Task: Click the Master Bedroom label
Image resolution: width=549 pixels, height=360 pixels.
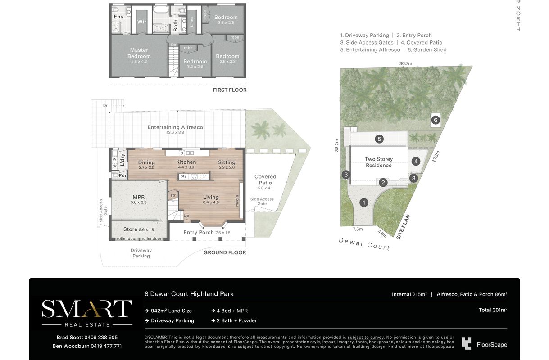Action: [139, 53]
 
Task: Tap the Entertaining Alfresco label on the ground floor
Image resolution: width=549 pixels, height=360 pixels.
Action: [175, 127]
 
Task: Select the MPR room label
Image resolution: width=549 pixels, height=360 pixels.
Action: [138, 197]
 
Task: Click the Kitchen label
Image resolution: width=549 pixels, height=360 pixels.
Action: [186, 162]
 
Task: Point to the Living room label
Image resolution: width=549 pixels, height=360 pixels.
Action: [211, 197]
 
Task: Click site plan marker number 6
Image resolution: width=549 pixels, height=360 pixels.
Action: [436, 120]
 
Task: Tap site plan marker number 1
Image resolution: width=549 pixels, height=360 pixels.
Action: [364, 202]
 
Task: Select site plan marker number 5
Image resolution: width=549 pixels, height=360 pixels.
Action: [379, 139]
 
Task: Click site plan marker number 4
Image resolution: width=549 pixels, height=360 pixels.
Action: [416, 162]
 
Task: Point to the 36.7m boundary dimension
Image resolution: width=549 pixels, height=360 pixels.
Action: [406, 63]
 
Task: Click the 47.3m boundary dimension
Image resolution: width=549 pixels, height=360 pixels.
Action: [436, 157]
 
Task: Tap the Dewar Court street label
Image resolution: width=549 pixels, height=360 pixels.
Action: [364, 244]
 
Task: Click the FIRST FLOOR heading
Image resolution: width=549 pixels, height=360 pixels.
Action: [230, 90]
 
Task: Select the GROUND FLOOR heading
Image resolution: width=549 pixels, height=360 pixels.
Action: [225, 252]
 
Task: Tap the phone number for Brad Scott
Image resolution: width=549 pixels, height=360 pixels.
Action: [101, 337]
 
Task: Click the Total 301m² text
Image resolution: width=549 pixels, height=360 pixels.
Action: [493, 310]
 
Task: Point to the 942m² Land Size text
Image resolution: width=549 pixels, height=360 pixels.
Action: [171, 310]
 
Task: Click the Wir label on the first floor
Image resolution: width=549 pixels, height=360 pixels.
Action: [141, 22]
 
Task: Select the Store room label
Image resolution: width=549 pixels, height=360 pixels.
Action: [130, 229]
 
